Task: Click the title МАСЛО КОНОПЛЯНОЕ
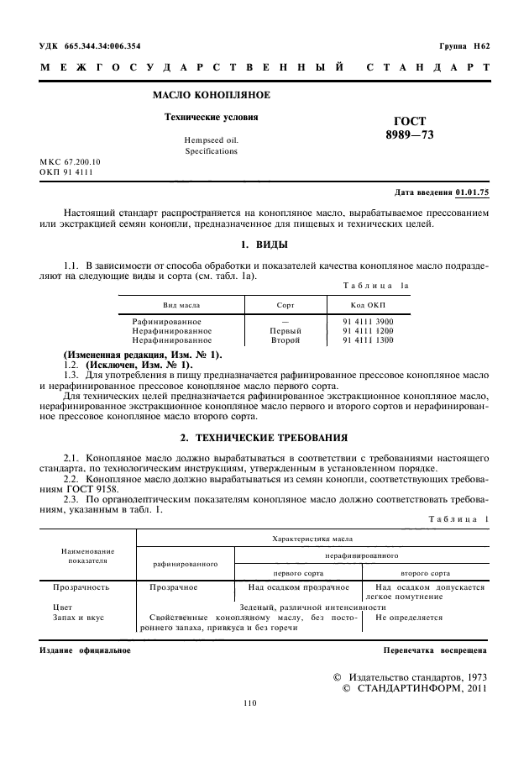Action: (x=210, y=96)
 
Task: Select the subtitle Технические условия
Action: (x=211, y=118)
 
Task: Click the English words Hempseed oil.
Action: (x=211, y=139)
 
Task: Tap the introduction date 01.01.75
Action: (x=472, y=192)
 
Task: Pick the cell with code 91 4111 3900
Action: (x=368, y=322)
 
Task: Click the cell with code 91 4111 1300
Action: (x=368, y=340)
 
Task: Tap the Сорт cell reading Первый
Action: (x=285, y=331)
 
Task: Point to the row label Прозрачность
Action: (x=81, y=588)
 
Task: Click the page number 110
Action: (x=249, y=703)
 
